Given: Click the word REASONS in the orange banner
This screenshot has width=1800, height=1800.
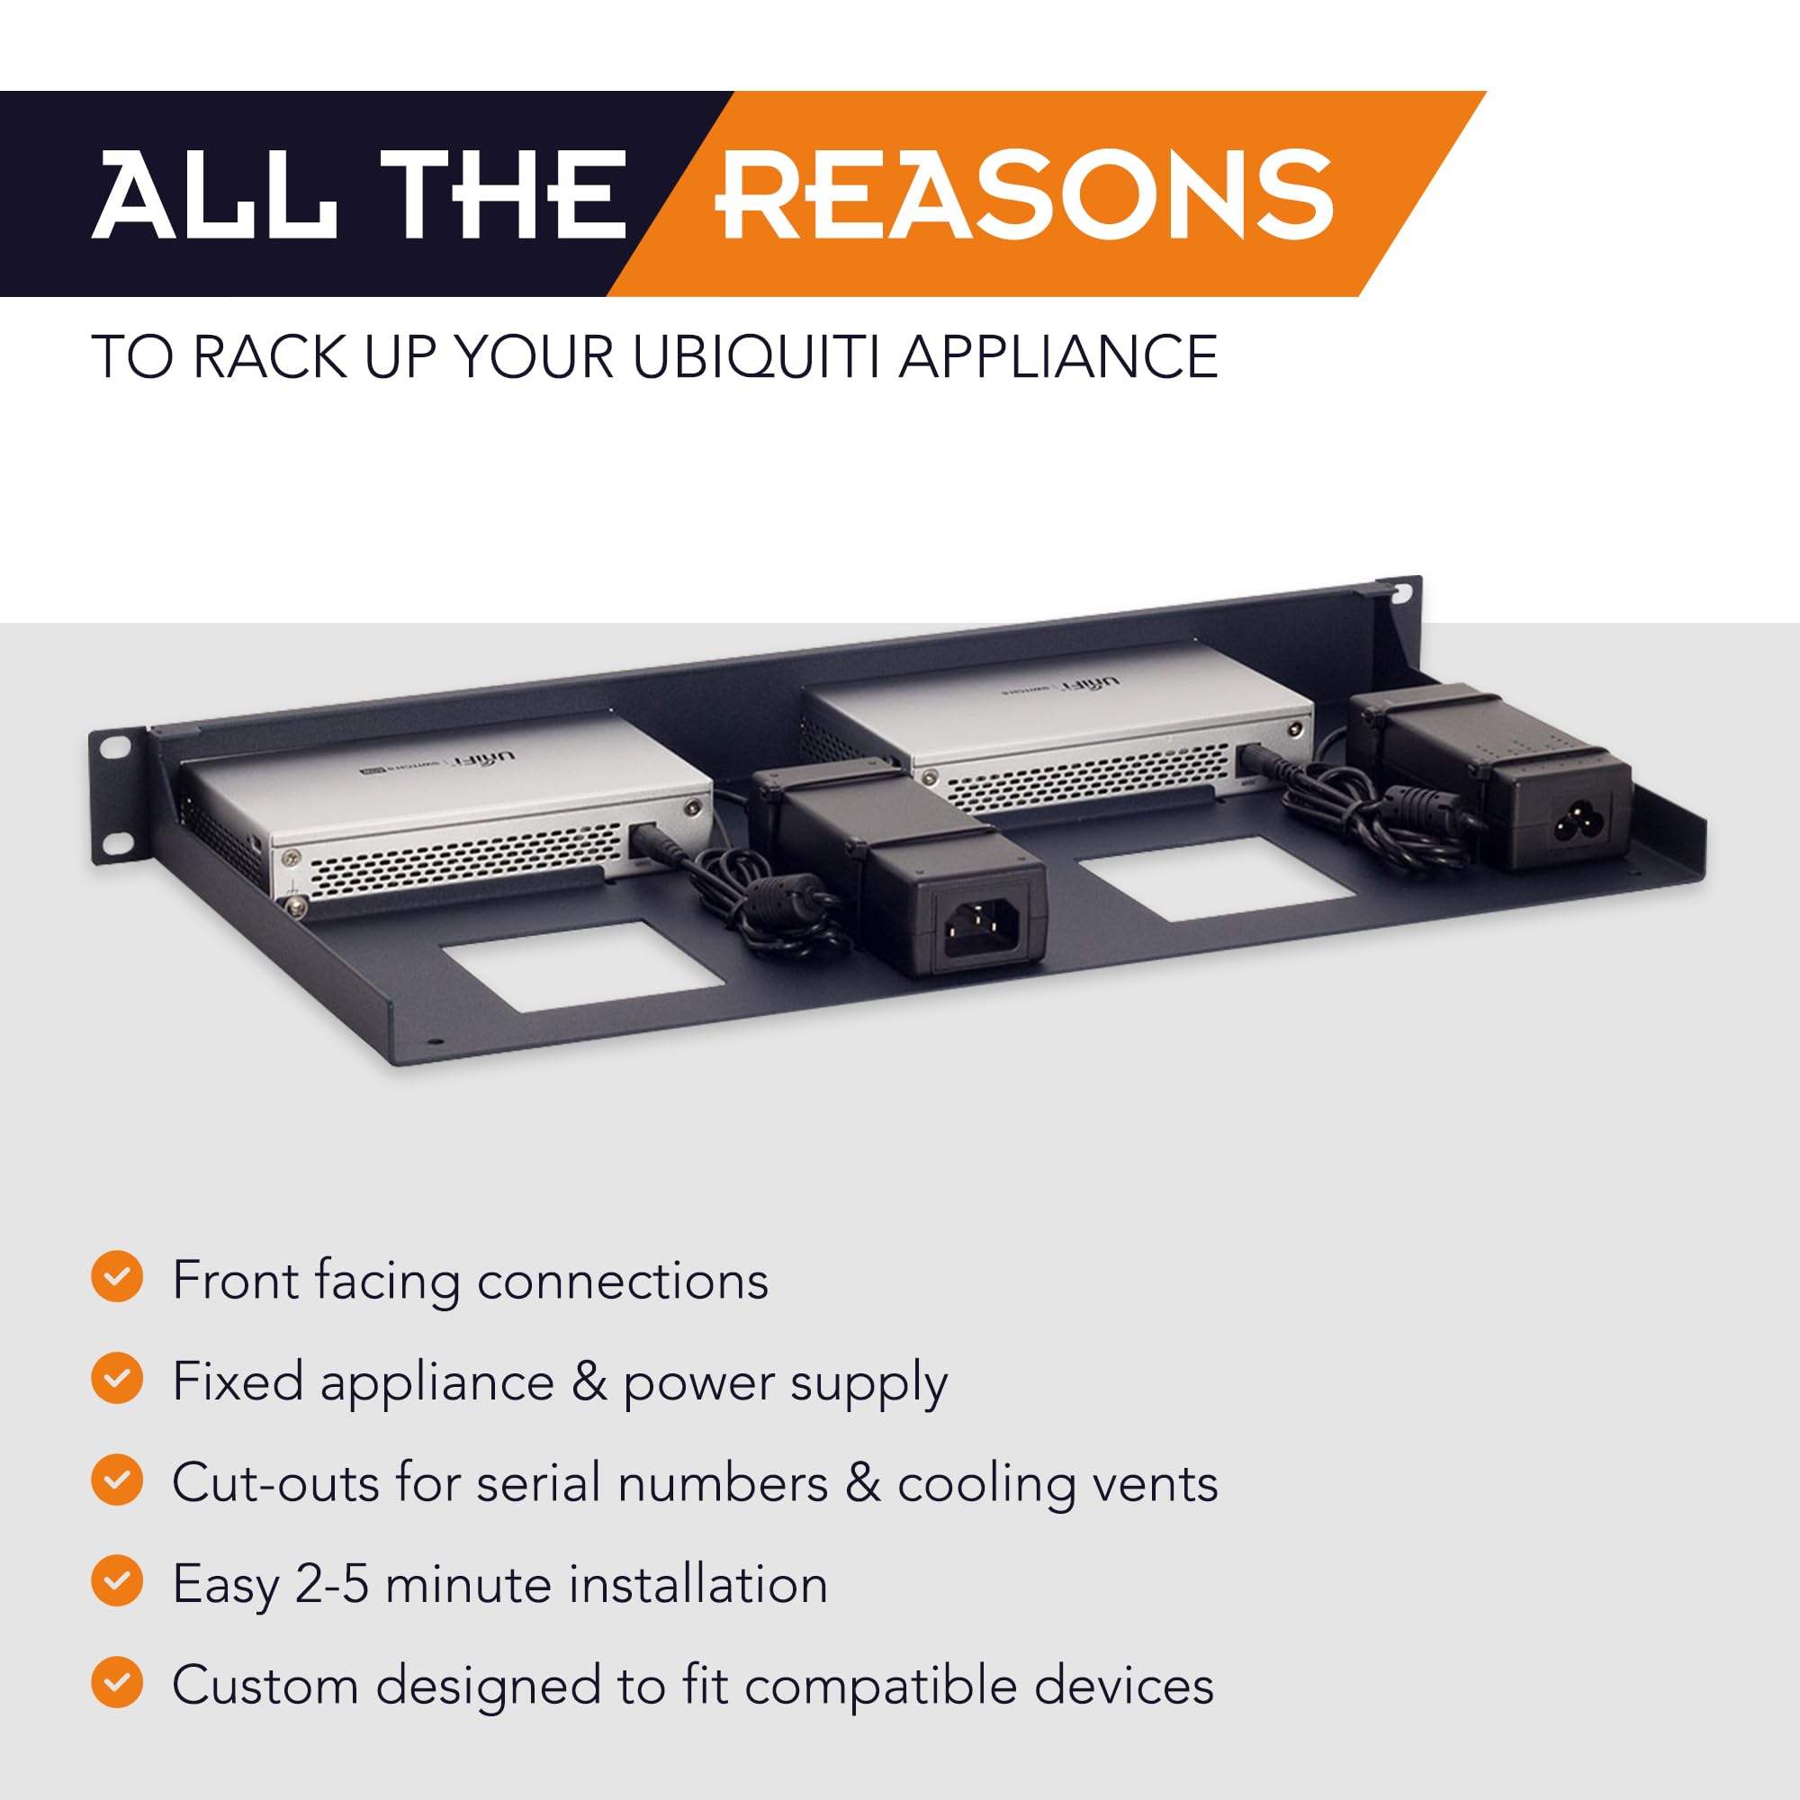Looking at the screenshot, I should [1025, 195].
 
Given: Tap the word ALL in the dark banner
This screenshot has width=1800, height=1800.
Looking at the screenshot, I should [214, 195].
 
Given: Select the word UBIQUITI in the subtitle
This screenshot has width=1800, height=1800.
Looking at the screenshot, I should [755, 356].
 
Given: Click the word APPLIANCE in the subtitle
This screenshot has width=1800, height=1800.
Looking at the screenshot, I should [1057, 356].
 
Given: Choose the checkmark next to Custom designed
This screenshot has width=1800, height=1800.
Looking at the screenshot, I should [117, 1682].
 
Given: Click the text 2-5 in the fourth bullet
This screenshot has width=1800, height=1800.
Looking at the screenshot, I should [332, 1583].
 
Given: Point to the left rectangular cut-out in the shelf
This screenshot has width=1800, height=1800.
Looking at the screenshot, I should [577, 965].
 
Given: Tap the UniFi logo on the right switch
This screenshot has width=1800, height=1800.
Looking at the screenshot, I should [1101, 684].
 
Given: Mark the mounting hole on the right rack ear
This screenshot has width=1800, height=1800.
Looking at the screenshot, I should [1400, 590].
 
